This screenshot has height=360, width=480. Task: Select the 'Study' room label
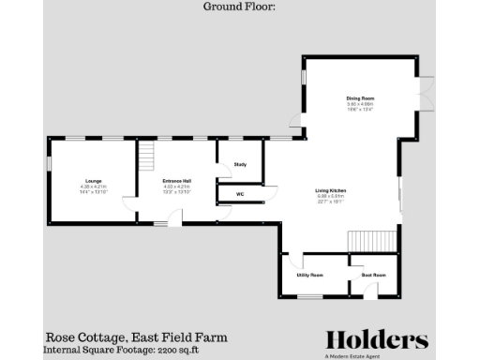tap(240, 163)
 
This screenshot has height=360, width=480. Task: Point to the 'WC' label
tap(240, 194)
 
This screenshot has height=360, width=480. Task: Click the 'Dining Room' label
tap(361, 97)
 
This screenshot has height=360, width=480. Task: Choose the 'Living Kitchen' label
tap(331, 190)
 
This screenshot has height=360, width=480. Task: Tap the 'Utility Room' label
tap(310, 276)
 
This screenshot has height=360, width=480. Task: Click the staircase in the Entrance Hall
tap(147, 153)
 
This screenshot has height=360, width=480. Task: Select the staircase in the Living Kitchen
tap(373, 241)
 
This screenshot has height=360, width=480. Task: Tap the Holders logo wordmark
tap(377, 339)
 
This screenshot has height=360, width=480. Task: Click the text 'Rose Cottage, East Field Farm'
tap(137, 337)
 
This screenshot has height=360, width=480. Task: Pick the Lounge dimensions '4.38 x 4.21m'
tap(94, 187)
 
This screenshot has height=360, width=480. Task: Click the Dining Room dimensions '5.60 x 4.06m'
tap(361, 104)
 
